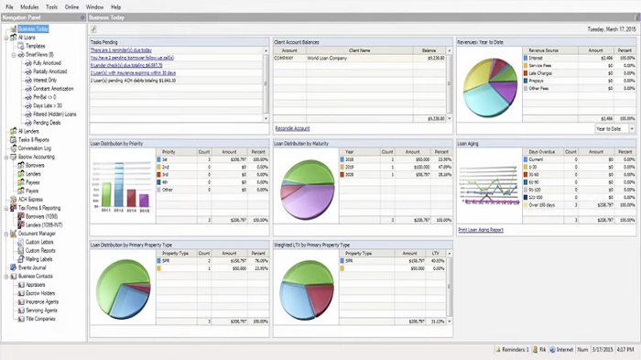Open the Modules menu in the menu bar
click(x=28, y=6)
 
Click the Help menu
click(x=115, y=6)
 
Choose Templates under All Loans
click(x=36, y=46)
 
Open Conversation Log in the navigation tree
click(x=36, y=147)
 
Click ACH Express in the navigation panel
click(x=30, y=199)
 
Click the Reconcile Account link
click(x=292, y=128)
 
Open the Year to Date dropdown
click(x=614, y=129)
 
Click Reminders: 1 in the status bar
click(x=514, y=349)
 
